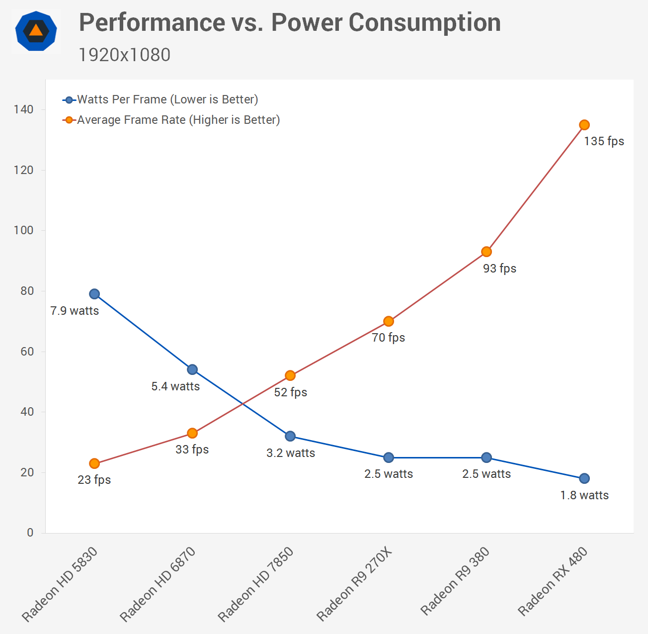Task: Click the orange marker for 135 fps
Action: [584, 125]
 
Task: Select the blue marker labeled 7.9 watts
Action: [94, 294]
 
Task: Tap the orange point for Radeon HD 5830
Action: [94, 463]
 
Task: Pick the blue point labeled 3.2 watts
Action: [290, 436]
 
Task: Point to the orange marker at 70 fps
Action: [389, 321]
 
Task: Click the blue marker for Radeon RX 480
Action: [584, 478]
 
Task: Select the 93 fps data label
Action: [499, 269]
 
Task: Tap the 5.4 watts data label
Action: [175, 386]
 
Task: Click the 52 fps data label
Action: [291, 392]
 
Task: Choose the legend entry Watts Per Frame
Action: [167, 99]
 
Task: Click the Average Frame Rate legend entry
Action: [178, 120]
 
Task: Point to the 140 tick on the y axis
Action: [23, 109]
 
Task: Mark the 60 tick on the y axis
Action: [27, 352]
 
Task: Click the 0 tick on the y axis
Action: [30, 533]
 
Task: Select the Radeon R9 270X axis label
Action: [354, 584]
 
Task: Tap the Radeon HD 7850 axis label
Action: [256, 584]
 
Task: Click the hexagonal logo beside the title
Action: [36, 31]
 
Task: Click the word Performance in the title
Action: [152, 22]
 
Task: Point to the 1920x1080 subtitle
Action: [124, 55]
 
